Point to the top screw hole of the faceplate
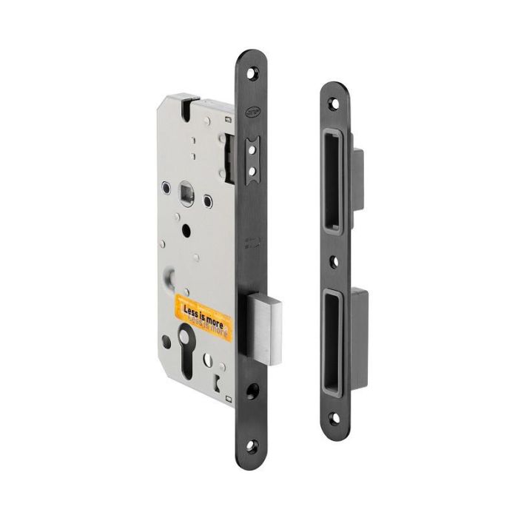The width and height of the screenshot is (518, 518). [x=255, y=73]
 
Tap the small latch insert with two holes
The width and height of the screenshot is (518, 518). [x=252, y=160]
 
